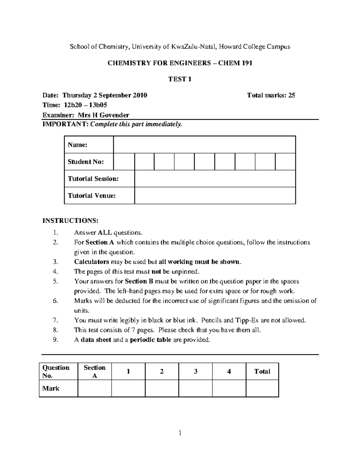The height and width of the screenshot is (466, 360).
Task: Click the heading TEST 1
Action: (x=180, y=79)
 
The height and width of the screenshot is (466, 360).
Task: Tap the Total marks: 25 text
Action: (x=271, y=95)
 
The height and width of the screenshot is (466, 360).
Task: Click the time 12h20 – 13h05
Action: (x=85, y=105)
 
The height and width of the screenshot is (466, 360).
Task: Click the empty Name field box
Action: (x=204, y=145)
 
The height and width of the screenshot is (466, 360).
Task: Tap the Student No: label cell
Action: (x=86, y=162)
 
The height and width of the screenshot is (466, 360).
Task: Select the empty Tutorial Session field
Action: (x=215, y=179)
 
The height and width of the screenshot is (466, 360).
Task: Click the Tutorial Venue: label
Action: (x=92, y=196)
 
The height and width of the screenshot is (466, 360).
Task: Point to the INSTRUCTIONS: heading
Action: (x=70, y=221)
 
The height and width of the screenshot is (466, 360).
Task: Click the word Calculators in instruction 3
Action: (x=91, y=262)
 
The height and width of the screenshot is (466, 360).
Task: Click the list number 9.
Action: (x=55, y=340)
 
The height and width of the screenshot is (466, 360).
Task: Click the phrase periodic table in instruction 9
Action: (x=151, y=340)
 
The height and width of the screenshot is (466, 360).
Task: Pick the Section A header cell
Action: (x=94, y=371)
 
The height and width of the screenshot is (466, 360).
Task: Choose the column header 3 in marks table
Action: (x=196, y=371)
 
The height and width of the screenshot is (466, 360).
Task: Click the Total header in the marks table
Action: (x=262, y=371)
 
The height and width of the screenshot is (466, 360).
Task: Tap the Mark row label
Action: (x=51, y=388)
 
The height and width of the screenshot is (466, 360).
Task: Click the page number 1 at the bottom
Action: (x=180, y=433)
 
